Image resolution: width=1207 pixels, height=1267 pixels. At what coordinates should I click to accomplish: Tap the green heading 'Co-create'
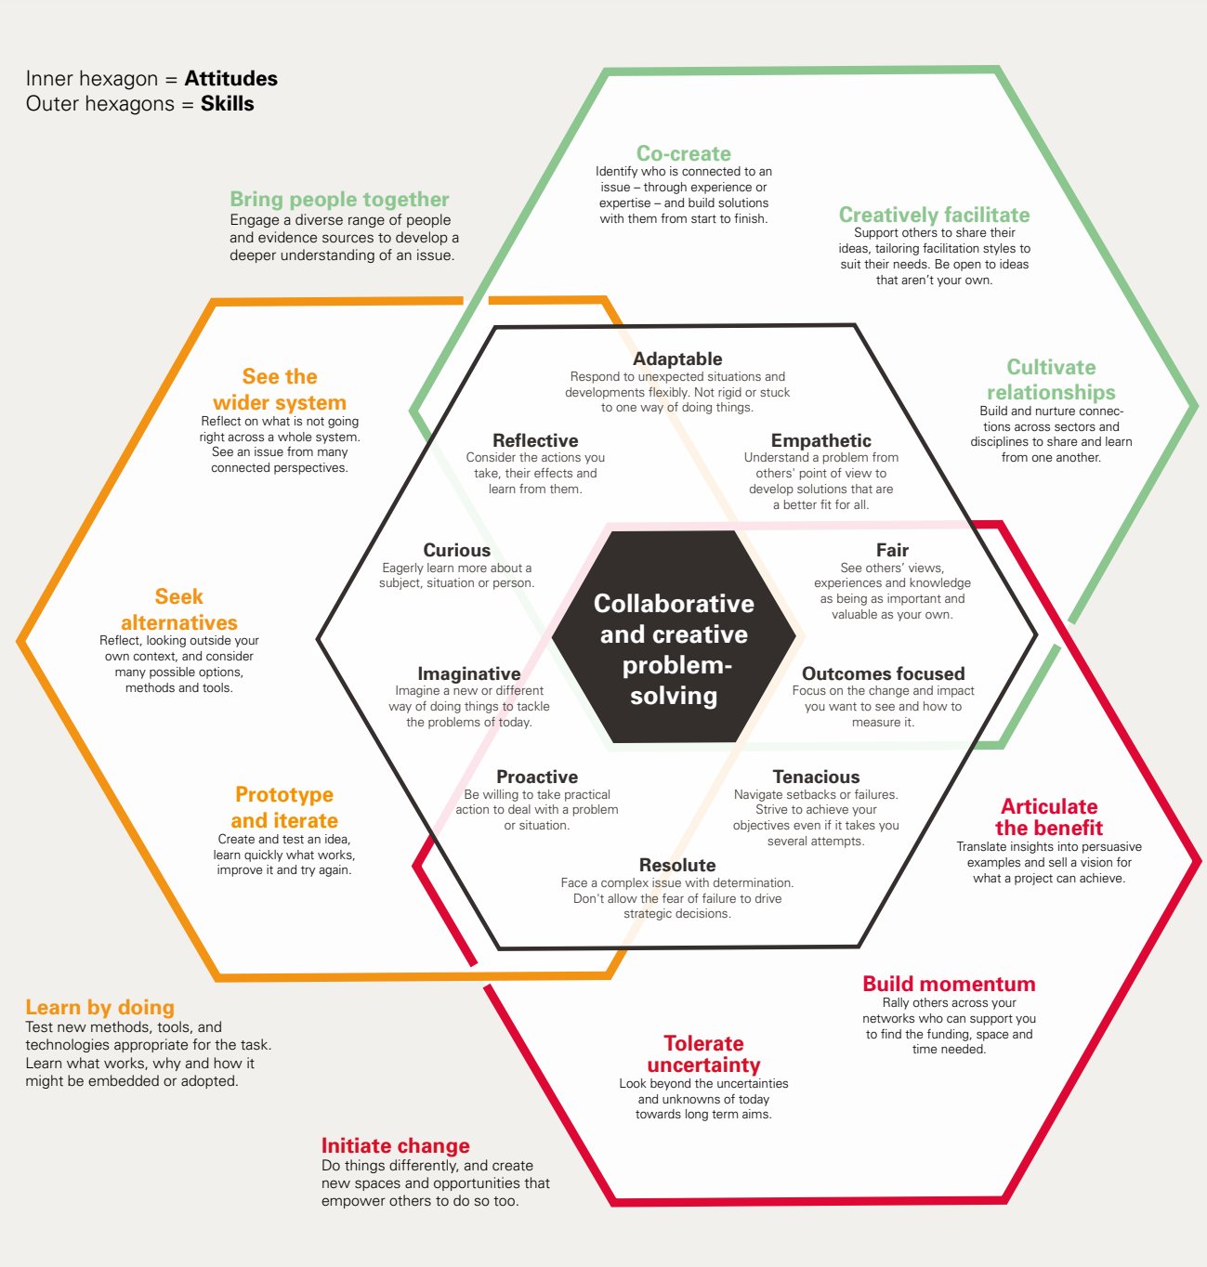[683, 153]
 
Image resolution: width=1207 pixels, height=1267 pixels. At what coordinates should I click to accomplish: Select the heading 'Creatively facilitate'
[934, 215]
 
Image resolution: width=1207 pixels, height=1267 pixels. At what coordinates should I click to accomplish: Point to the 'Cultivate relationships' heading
[1051, 380]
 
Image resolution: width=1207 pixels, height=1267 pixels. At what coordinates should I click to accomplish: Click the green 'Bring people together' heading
[339, 199]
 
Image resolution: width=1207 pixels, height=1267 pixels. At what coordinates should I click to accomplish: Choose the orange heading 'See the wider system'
[280, 389]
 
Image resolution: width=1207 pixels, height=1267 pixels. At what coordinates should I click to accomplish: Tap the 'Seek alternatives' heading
[178, 609]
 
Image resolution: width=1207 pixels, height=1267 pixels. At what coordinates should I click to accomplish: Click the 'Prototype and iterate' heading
[284, 807]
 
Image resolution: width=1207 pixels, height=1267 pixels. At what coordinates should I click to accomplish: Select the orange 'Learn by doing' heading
[99, 1007]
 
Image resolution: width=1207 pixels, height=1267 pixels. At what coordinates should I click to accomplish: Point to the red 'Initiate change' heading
[395, 1145]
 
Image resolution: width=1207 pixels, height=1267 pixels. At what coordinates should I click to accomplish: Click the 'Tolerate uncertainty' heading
[703, 1054]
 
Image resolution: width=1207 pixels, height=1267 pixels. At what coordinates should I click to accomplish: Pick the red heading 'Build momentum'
[949, 984]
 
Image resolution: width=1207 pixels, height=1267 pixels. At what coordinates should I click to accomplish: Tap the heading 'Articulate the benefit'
[1049, 817]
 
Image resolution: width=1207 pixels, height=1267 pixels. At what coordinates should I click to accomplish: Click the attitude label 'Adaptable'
[677, 359]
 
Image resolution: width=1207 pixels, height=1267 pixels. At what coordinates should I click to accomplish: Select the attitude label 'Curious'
[456, 550]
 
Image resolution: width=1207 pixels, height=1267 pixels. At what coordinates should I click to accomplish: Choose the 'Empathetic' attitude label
[820, 440]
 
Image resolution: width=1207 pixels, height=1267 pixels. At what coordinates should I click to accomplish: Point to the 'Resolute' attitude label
[676, 865]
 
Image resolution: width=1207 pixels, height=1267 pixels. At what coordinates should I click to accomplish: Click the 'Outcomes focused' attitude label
[883, 673]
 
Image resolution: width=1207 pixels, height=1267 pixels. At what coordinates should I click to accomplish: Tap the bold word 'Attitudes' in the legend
[230, 78]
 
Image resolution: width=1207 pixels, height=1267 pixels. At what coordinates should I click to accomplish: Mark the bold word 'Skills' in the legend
[227, 103]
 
